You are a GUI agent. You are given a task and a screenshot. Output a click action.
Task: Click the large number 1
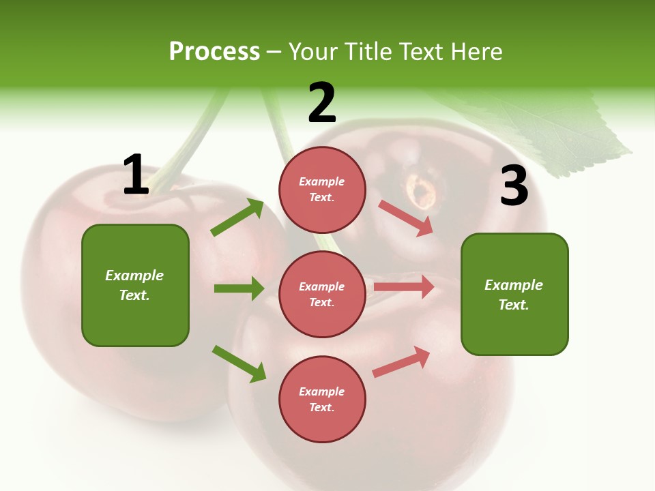(x=136, y=175)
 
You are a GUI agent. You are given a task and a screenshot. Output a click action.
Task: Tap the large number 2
(x=322, y=103)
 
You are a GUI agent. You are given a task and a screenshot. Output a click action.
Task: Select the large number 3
(x=514, y=186)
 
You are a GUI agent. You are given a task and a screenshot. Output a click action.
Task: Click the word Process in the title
(x=214, y=51)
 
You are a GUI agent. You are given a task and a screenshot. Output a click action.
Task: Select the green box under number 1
(x=135, y=285)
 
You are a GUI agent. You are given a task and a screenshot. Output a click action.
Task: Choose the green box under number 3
(x=514, y=294)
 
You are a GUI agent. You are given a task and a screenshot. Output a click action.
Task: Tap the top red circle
(x=322, y=190)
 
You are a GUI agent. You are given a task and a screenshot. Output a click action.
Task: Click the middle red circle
(x=322, y=294)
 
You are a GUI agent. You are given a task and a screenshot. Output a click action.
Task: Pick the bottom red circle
(x=322, y=399)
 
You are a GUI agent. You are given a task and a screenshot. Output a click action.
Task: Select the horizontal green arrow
(x=239, y=288)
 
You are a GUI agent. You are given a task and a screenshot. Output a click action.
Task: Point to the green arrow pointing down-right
(x=239, y=363)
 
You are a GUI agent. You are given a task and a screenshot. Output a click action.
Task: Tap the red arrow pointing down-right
(x=406, y=218)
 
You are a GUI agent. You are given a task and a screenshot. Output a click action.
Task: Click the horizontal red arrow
(x=404, y=287)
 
